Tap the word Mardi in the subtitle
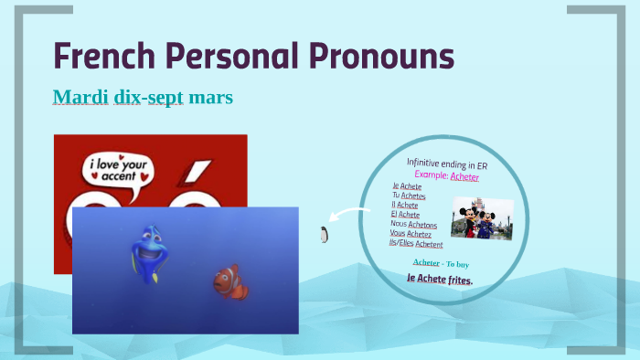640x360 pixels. pyautogui.click(x=80, y=96)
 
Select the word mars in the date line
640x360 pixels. pyautogui.click(x=212, y=96)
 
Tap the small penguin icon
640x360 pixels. pyautogui.click(x=323, y=235)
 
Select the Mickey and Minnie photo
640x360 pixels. pyautogui.click(x=482, y=218)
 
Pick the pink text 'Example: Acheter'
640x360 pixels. pyautogui.click(x=446, y=175)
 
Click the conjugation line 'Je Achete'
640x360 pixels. pyautogui.click(x=407, y=186)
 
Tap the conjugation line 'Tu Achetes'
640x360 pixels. pyautogui.click(x=409, y=196)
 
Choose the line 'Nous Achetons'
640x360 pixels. pyautogui.click(x=413, y=224)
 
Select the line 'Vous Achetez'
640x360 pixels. pyautogui.click(x=411, y=234)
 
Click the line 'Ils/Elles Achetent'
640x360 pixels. pyautogui.click(x=416, y=244)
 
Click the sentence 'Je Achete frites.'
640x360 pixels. pyautogui.click(x=440, y=279)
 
